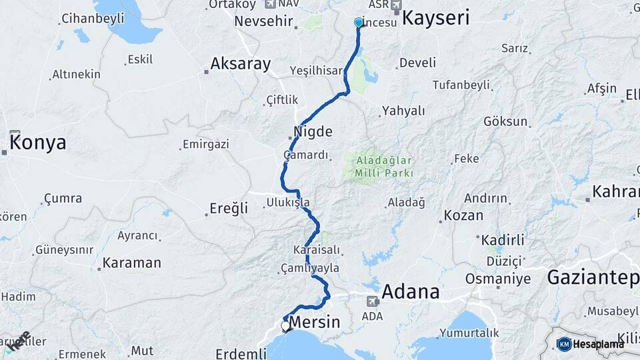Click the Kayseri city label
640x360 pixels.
click(x=436, y=19)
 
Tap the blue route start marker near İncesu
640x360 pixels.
click(x=359, y=22)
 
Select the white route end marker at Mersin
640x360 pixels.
click(x=285, y=326)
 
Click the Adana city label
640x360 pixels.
click(x=410, y=292)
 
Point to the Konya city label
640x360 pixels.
click(x=38, y=143)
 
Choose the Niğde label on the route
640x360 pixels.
click(x=313, y=131)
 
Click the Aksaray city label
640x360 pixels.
click(x=241, y=64)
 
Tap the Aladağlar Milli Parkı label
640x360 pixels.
click(x=385, y=167)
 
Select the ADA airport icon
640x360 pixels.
click(x=372, y=301)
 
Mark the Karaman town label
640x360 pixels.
click(x=132, y=263)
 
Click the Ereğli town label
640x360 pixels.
click(x=229, y=209)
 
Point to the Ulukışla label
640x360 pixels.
click(x=288, y=202)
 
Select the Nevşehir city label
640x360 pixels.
click(x=264, y=22)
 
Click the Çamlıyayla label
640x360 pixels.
click(x=310, y=268)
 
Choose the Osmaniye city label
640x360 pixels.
click(x=497, y=279)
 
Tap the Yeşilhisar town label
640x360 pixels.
click(x=316, y=70)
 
